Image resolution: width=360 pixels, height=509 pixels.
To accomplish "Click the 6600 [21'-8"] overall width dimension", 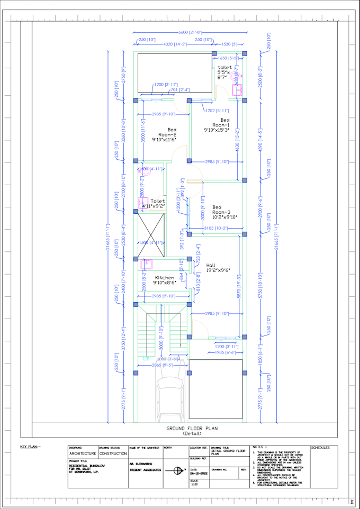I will (190, 33).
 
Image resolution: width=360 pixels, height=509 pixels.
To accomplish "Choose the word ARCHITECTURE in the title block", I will (83, 453).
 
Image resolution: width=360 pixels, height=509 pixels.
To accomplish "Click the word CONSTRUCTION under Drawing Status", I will (112, 453).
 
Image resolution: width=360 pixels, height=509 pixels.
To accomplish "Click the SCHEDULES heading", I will (320, 448).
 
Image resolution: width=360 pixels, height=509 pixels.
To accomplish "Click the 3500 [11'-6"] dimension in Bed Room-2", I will (143, 131).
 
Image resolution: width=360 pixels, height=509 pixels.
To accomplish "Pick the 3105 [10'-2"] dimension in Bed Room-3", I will (216, 228).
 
